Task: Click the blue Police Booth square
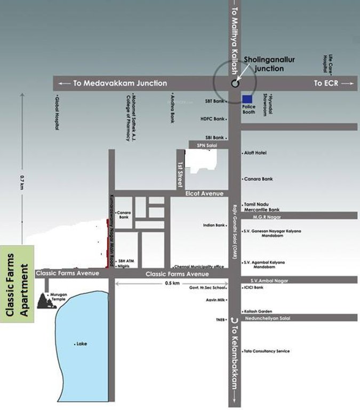pyautogui.click(x=247, y=99)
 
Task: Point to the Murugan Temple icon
pyautogui.click(x=46, y=301)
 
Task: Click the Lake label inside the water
pyautogui.click(x=82, y=344)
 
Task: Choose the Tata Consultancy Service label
pyautogui.click(x=267, y=351)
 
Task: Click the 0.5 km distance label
pyautogui.click(x=172, y=283)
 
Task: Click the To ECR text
pyautogui.click(x=326, y=83)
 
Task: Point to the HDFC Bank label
pyautogui.click(x=212, y=119)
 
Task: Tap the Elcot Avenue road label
pyautogui.click(x=204, y=193)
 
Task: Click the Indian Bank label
pyautogui.click(x=213, y=225)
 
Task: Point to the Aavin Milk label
pyautogui.click(x=215, y=300)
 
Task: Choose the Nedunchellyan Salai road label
pyautogui.click(x=270, y=317)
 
